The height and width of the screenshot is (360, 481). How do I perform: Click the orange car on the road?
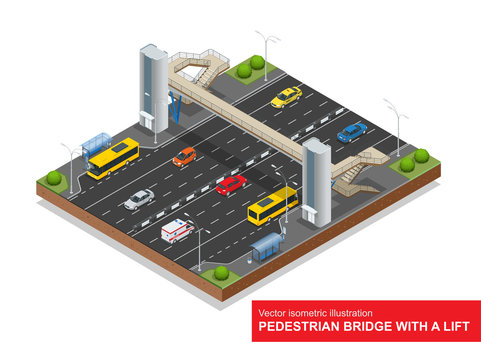pyautogui.click(x=184, y=156)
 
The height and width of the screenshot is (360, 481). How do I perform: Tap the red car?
pyautogui.click(x=231, y=184)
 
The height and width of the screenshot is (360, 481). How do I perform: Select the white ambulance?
pyautogui.click(x=177, y=231)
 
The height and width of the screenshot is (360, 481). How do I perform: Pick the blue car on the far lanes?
pyautogui.click(x=352, y=131)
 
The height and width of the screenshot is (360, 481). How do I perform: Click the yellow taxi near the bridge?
pyautogui.click(x=286, y=96)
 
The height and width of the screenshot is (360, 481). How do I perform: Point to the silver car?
pyautogui.click(x=139, y=199)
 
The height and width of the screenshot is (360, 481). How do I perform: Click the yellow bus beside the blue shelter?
pyautogui.click(x=113, y=158)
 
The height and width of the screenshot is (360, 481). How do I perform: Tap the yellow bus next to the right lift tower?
pyautogui.click(x=271, y=205)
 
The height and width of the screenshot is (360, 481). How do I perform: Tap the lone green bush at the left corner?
pyautogui.click(x=54, y=178)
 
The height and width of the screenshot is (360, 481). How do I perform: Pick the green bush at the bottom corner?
pyautogui.click(x=221, y=272)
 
